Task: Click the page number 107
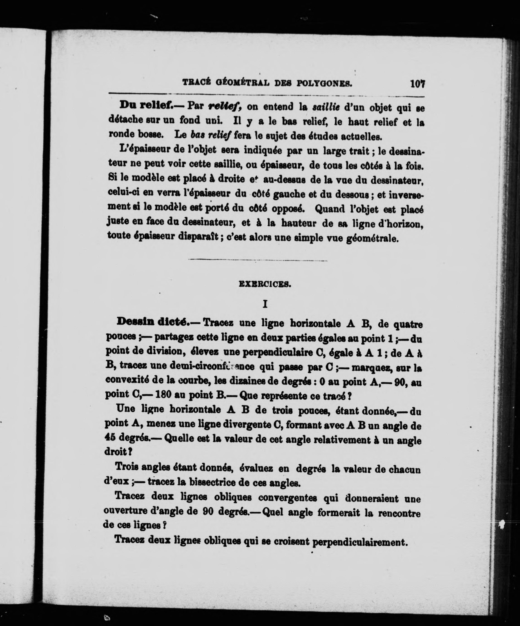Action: (417, 84)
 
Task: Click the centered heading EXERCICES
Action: (265, 284)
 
